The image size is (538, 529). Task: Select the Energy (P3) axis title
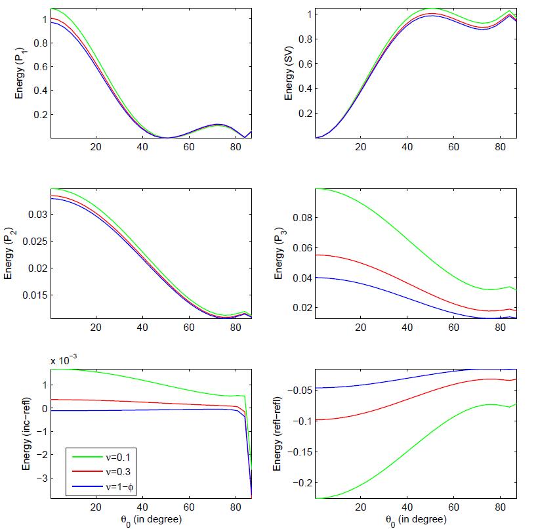coord(279,253)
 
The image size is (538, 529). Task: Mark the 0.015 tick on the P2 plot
coord(33,295)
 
